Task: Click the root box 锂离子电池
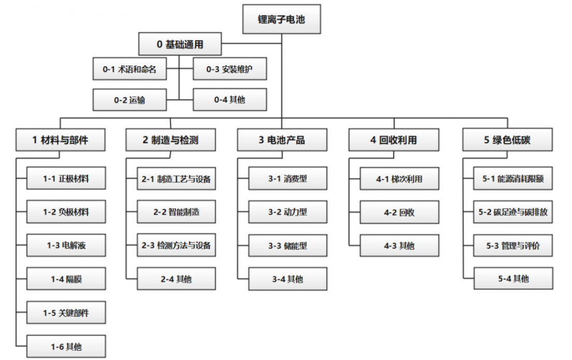282,19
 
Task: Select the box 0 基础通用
180,44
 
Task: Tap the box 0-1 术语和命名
129,69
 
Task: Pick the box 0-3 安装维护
229,69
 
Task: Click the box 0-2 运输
129,100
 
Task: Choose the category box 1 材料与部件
61,140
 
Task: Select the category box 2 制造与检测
171,140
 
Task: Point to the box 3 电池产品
282,140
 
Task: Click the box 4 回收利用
393,140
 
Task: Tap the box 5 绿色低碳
507,140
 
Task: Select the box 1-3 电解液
66,245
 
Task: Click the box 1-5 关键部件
66,312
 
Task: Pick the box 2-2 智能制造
176,212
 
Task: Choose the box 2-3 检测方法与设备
176,245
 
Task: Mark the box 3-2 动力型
288,212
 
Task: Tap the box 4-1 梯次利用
400,178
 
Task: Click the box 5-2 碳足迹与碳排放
513,212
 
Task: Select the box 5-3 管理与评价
513,245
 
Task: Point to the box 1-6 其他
66,347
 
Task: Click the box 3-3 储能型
288,245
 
